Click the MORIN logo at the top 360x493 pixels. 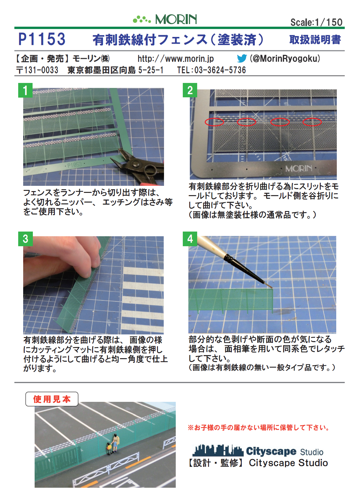click(165, 19)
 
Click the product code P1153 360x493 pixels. click(42, 39)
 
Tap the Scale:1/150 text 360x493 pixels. click(316, 22)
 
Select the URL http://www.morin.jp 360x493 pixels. click(175, 59)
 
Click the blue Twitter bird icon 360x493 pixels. click(242, 59)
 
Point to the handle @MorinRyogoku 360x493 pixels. click(285, 59)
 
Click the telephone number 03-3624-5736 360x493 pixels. click(220, 70)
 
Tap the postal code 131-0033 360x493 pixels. click(41, 70)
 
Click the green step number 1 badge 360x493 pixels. click(25, 90)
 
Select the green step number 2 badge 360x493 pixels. click(190, 90)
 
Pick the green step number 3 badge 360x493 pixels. click(25, 239)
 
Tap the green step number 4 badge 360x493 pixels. click(190, 239)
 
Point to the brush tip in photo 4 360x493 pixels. click(272, 287)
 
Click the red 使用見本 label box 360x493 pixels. click(52, 399)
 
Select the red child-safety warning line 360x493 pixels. click(259, 428)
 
